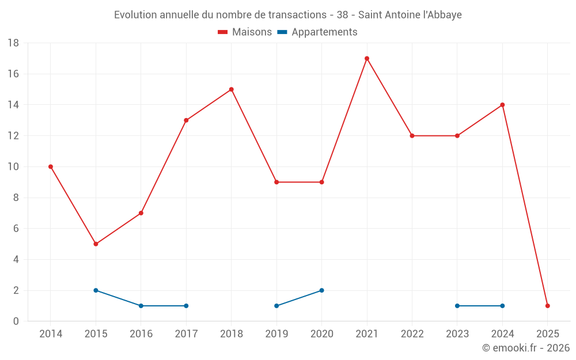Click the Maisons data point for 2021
pos(367,58)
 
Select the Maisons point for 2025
pos(548,306)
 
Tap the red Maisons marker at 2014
pos(51,166)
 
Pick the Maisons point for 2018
pos(232,89)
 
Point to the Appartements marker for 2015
pos(96,290)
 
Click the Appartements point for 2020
pos(321,290)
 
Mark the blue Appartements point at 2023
pos(457,306)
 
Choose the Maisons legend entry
pos(245,32)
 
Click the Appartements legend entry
pos(317,32)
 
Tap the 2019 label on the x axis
pos(276,334)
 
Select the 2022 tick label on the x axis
pos(412,334)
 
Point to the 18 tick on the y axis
pos(13,43)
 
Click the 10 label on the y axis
pos(13,167)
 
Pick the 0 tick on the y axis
pos(16,321)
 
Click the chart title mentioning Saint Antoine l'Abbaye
pos(288,14)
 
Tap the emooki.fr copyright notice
pos(526,348)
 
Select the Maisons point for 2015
pos(96,244)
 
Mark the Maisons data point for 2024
pos(502,105)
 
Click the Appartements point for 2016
pos(141,306)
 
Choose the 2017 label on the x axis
pos(186,334)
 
